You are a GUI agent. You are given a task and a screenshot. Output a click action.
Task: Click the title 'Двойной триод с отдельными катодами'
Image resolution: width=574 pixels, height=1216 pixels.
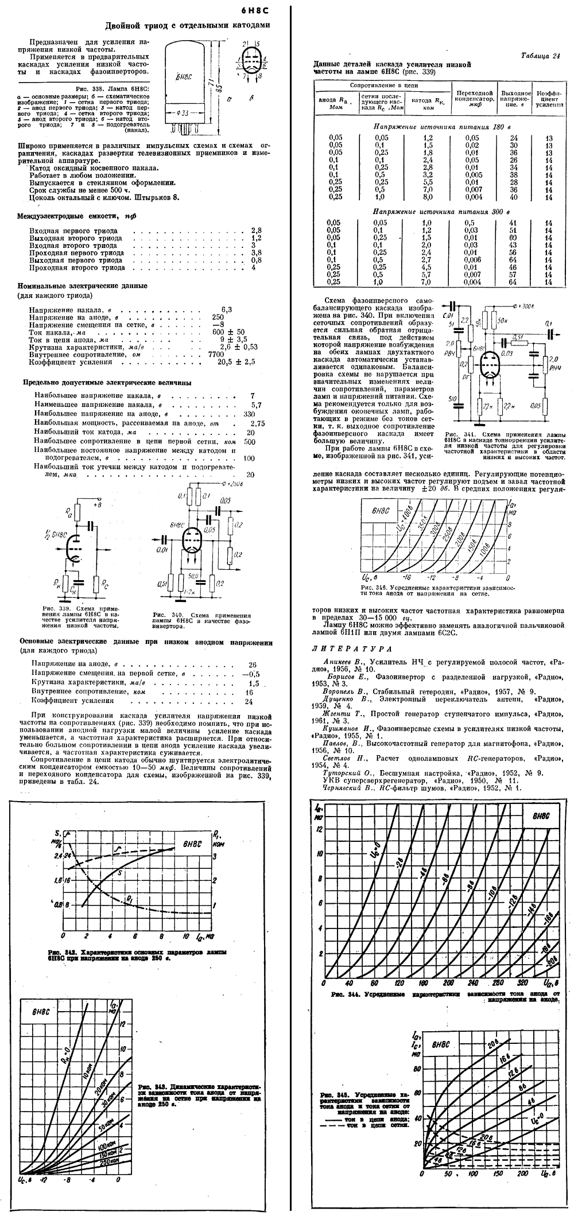click(187, 25)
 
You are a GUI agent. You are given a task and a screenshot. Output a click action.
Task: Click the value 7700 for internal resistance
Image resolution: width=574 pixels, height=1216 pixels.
click(215, 355)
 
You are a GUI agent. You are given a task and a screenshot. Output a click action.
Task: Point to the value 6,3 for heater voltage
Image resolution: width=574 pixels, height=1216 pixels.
click(227, 309)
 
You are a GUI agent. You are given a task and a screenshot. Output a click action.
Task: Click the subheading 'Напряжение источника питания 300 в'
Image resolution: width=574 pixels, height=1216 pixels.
click(441, 212)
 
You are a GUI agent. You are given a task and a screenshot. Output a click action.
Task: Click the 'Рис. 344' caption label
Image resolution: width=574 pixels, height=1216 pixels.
click(345, 993)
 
